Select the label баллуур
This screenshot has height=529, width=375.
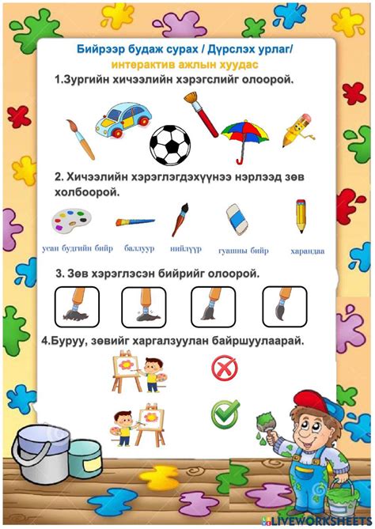click(138, 248)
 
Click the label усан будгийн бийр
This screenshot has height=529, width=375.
click(78, 249)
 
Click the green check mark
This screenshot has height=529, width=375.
click(224, 413)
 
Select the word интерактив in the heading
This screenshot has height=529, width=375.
click(138, 65)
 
